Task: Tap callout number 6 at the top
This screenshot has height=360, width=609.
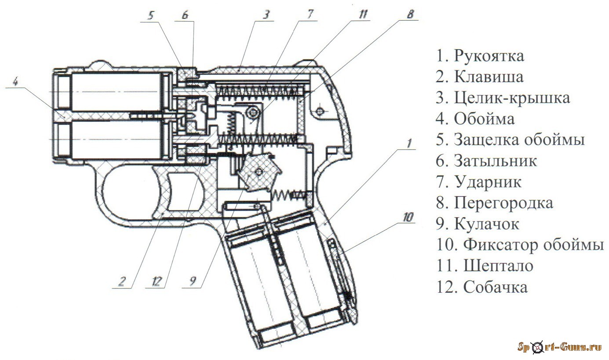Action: pyautogui.click(x=185, y=15)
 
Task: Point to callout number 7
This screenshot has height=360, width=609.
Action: pyautogui.click(x=310, y=14)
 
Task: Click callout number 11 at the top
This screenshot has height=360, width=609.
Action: pyautogui.click(x=363, y=14)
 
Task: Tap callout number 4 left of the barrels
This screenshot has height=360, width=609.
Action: pyautogui.click(x=15, y=81)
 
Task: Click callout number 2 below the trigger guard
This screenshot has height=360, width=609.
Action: pyautogui.click(x=121, y=282)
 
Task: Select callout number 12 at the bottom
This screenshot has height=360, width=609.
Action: pyautogui.click(x=157, y=282)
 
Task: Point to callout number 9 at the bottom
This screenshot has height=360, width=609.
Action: pyautogui.click(x=193, y=281)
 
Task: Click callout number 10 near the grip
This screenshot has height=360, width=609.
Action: pyautogui.click(x=408, y=217)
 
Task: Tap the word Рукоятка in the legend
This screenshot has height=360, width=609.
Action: pyautogui.click(x=489, y=56)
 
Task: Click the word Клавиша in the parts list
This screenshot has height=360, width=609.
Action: pyautogui.click(x=489, y=77)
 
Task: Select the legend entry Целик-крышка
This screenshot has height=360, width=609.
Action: pyautogui.click(x=512, y=98)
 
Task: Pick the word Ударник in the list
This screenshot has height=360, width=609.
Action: pyautogui.click(x=488, y=182)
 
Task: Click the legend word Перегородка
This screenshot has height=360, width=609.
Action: pyautogui.click(x=503, y=203)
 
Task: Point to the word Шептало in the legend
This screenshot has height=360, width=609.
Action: pyautogui.click(x=498, y=266)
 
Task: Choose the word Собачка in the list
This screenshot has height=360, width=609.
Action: pyautogui.click(x=496, y=287)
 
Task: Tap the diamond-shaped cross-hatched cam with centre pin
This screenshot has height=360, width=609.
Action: pyautogui.click(x=259, y=171)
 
